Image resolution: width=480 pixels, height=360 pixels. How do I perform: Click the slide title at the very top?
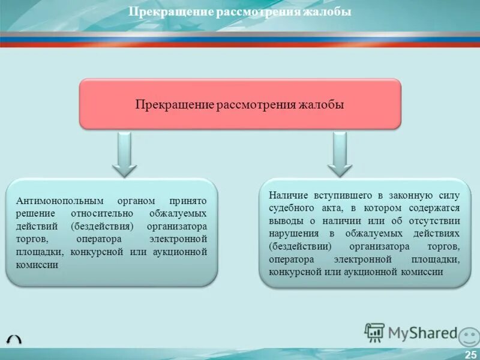click(240, 12)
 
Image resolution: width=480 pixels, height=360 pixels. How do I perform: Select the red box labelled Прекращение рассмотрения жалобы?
click(240, 104)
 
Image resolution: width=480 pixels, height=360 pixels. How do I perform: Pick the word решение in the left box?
click(37, 214)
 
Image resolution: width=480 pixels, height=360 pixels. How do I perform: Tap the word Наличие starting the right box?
click(287, 196)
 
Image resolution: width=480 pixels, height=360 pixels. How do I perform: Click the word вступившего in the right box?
click(342, 196)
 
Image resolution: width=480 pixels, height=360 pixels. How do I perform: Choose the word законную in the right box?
click(409, 196)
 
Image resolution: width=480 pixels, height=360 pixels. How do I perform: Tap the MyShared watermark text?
click(422, 333)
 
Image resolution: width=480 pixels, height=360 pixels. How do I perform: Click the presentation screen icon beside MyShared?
click(374, 332)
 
